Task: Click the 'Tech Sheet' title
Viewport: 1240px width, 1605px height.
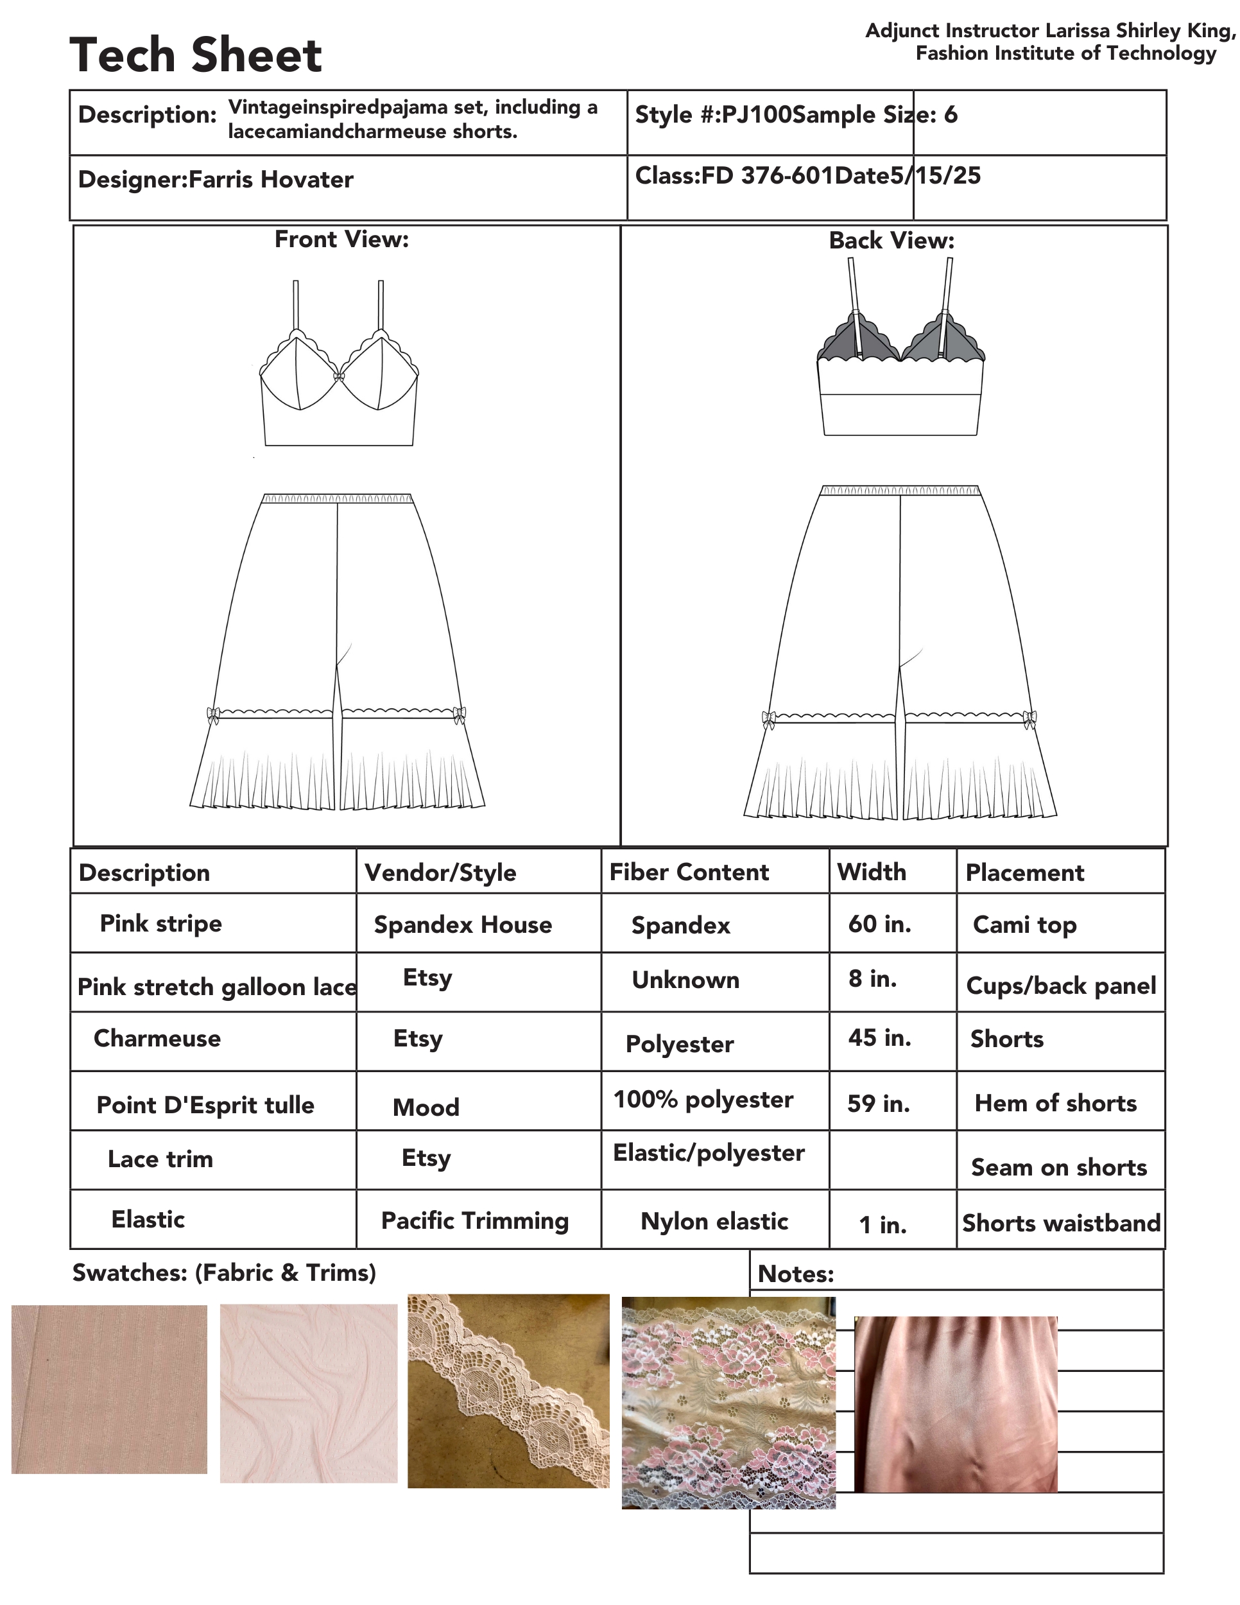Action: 195,55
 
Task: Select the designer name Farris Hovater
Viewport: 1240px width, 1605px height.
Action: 270,180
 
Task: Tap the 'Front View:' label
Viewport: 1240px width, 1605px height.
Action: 341,239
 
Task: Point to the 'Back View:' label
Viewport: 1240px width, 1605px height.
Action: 891,240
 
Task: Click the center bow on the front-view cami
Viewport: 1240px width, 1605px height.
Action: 339,377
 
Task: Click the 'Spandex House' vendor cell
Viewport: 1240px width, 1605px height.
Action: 463,924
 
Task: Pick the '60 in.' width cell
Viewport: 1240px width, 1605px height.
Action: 879,924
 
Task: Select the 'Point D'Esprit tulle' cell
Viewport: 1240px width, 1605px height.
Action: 205,1104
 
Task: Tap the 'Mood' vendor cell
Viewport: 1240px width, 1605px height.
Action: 426,1107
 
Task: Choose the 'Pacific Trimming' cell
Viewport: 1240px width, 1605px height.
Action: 474,1220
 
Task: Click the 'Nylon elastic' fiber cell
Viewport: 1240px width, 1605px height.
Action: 714,1221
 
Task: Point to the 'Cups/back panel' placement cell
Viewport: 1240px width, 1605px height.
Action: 1061,985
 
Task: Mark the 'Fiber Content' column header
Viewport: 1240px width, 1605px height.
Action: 689,872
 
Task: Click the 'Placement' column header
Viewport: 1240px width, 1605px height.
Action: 1024,872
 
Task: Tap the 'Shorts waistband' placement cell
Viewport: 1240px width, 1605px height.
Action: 1061,1223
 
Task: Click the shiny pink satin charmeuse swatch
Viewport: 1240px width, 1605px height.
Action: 955,1403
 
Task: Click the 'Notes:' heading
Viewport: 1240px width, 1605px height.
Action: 796,1274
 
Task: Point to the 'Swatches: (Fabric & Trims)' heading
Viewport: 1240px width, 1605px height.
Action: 224,1272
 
